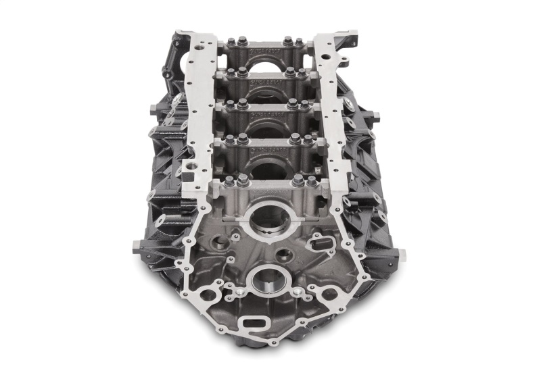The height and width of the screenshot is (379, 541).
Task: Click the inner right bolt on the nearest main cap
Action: coord(298,180)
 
